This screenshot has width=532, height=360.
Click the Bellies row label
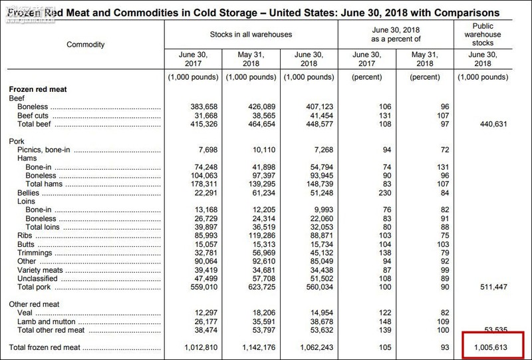tap(29, 193)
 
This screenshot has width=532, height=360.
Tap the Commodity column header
tap(85, 45)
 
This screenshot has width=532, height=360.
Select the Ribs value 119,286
tap(255, 236)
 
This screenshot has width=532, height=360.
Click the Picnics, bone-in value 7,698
tap(199, 150)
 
